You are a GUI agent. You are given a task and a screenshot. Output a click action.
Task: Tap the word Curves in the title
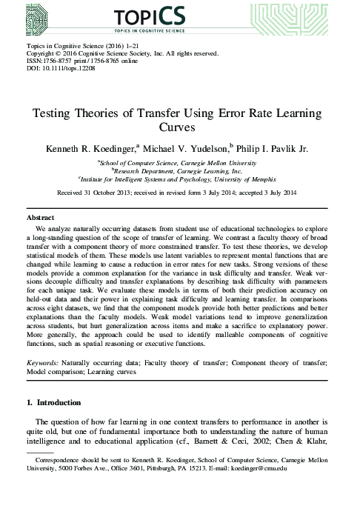tap(180, 127)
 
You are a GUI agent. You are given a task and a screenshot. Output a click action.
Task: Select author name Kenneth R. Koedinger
tap(97, 149)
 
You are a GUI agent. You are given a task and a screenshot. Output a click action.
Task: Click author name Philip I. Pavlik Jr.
tap(282, 149)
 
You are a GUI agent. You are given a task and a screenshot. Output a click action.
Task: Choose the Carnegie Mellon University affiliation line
tap(180, 162)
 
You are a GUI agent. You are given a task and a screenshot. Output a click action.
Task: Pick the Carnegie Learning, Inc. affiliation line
tap(180, 170)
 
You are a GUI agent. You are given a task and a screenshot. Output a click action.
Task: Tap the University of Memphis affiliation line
tap(180, 179)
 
